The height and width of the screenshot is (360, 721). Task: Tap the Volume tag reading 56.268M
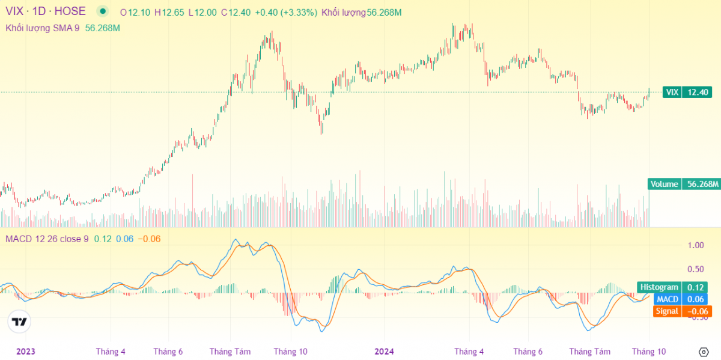[684, 184]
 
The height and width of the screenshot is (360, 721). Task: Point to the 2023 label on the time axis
[26, 352]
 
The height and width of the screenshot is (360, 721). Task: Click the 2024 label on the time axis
[384, 352]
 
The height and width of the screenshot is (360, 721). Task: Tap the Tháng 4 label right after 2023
[111, 352]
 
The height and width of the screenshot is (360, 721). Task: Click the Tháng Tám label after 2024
[589, 352]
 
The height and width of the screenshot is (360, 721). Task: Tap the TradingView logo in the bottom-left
[20, 322]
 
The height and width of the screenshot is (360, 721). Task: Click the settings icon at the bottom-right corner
[704, 352]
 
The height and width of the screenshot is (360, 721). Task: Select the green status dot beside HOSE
[103, 11]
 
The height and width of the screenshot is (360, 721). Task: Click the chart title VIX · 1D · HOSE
[46, 11]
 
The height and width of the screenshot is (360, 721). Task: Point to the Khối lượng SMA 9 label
[43, 28]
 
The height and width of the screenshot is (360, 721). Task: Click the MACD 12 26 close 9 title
[47, 239]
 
